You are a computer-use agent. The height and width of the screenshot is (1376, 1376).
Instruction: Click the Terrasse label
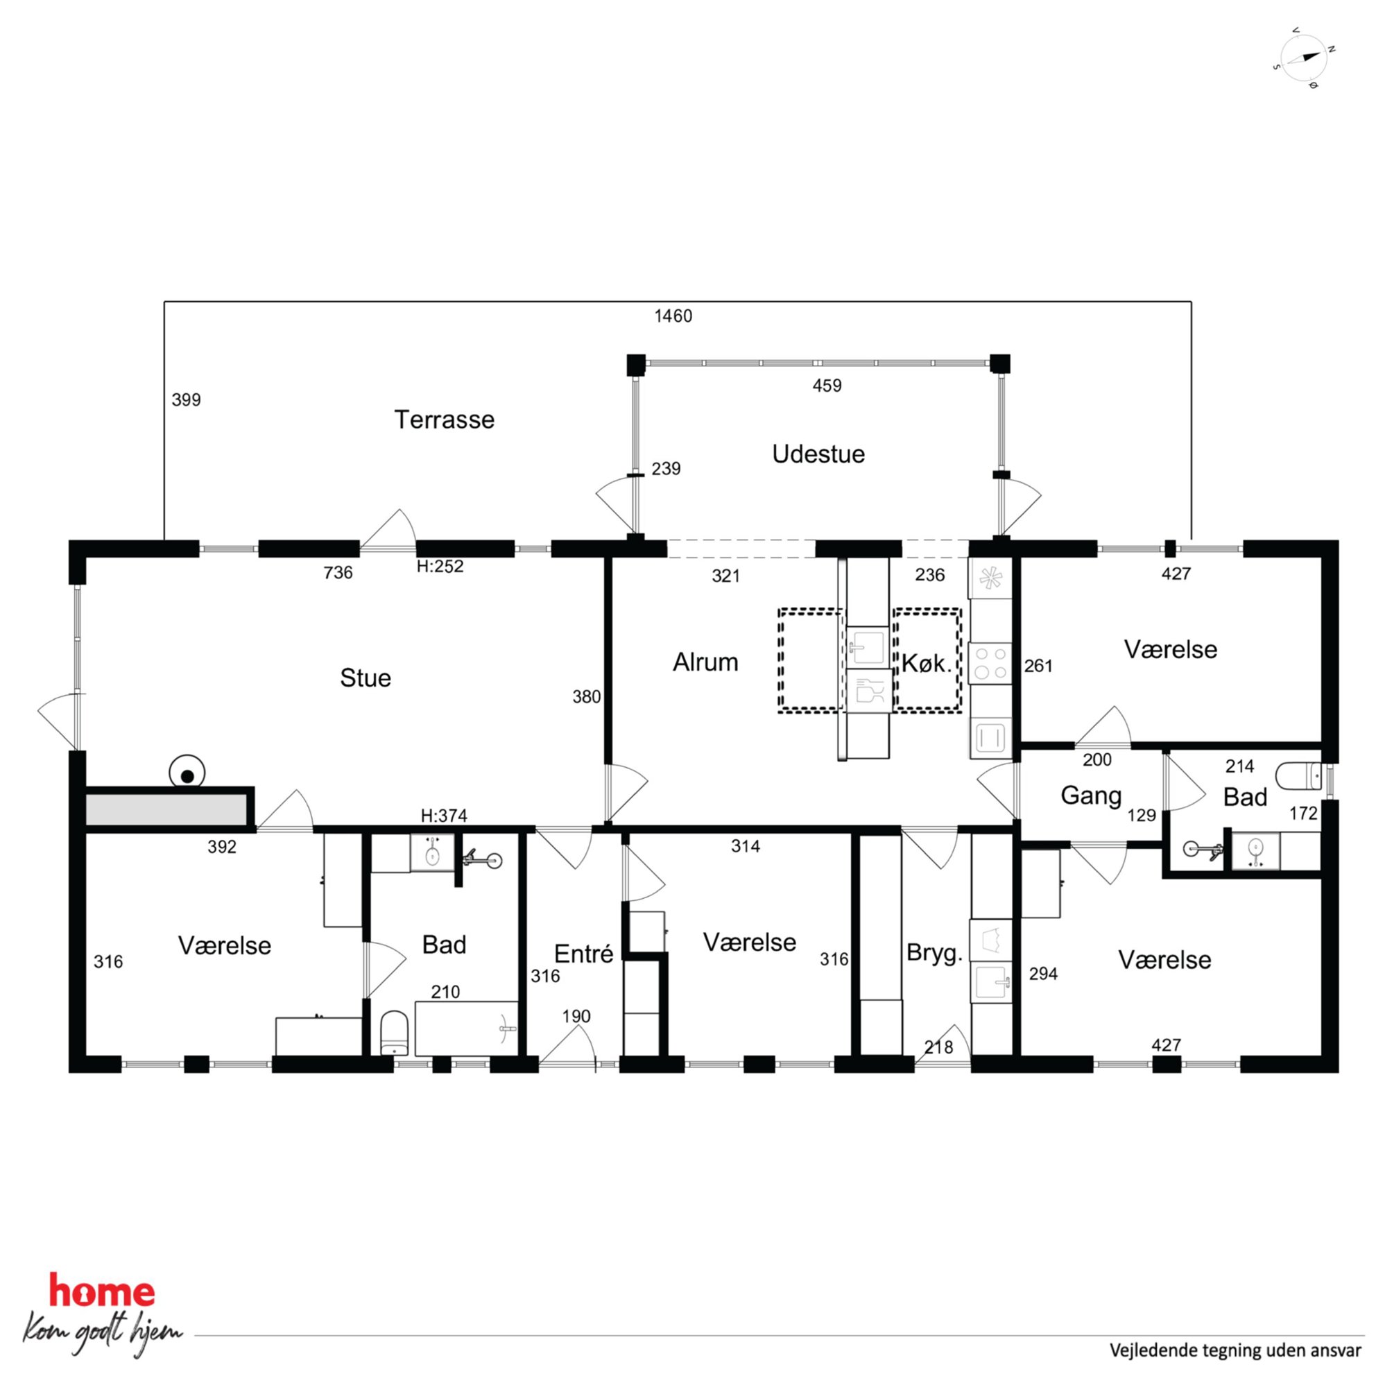coord(444,420)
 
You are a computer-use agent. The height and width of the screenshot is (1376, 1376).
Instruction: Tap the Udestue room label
coord(818,454)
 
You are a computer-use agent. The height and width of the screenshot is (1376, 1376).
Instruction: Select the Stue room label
coord(365,678)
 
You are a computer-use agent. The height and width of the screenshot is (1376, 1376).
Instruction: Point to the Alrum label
coord(705,662)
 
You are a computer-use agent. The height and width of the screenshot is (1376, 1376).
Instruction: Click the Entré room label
coord(583,954)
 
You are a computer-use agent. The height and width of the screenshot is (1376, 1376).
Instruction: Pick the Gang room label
coord(1091,796)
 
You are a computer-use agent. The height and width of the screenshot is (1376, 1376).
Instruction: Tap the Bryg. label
coord(934,953)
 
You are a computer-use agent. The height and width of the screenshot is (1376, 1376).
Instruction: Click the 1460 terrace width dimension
coord(673,316)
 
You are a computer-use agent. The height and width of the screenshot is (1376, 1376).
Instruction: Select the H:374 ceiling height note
coord(444,816)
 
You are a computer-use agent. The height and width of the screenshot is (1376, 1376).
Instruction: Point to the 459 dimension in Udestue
coord(827,386)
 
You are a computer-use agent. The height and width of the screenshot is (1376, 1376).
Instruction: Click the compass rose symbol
coord(1303,58)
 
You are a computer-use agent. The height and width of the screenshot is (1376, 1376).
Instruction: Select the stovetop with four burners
coord(990,662)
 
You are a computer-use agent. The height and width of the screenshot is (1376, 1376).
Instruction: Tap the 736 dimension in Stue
coord(338,573)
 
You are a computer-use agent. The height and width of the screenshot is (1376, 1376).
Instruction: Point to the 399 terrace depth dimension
coord(186,399)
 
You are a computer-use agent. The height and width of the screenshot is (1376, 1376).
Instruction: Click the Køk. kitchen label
coord(927,664)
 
